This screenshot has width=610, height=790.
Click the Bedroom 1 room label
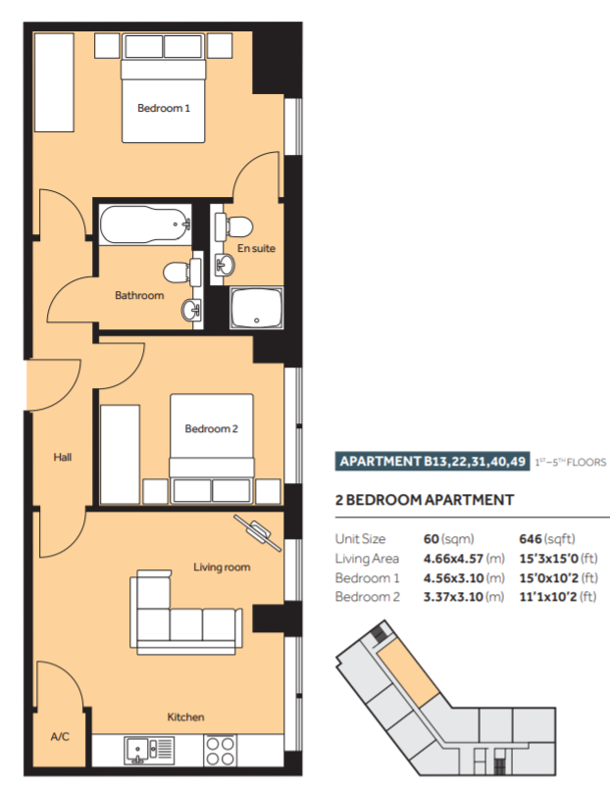pyautogui.click(x=164, y=108)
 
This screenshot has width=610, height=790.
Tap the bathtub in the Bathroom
pyautogui.click(x=145, y=224)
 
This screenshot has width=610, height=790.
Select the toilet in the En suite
pyautogui.click(x=234, y=226)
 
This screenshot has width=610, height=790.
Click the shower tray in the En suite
pyautogui.click(x=257, y=308)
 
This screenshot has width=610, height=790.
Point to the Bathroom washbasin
pyautogui.click(x=191, y=310)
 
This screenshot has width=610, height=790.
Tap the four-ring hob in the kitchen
pyautogui.click(x=221, y=750)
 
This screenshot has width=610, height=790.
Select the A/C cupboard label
pyautogui.click(x=60, y=737)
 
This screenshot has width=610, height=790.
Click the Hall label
pyautogui.click(x=63, y=457)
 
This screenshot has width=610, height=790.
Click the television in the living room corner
pyautogui.click(x=258, y=532)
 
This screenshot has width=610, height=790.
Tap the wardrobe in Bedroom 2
pyautogui.click(x=120, y=455)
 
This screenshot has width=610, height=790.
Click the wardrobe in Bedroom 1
pyautogui.click(x=54, y=82)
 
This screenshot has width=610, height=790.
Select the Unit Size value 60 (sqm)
pyautogui.click(x=449, y=539)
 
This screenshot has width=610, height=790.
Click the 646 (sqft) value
pyautogui.click(x=547, y=539)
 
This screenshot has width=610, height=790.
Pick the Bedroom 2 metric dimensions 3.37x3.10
pyautogui.click(x=454, y=597)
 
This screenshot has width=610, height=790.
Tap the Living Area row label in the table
pyautogui.click(x=367, y=559)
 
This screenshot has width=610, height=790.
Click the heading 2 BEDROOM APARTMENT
pyautogui.click(x=425, y=500)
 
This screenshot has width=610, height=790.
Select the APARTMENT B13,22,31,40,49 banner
pyautogui.click(x=432, y=461)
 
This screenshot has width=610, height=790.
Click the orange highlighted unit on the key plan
pyautogui.click(x=408, y=674)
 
